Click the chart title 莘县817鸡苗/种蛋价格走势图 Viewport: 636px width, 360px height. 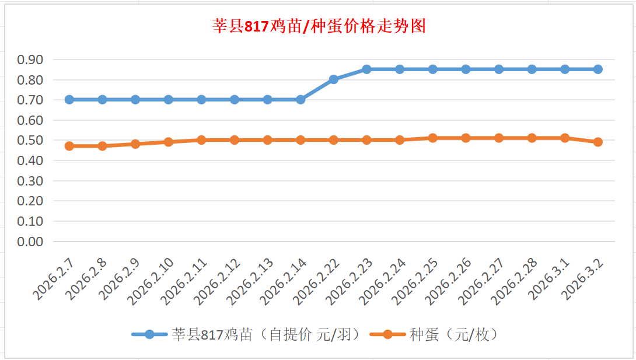coord(319,26)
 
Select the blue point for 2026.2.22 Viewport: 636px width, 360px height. coord(334,79)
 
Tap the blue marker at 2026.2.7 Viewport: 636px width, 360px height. coord(69,100)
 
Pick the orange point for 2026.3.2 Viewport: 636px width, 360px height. coord(598,142)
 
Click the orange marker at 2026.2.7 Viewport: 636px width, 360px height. coord(69,146)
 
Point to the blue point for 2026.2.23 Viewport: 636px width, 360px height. coord(366,69)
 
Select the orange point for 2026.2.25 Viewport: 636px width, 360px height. coord(433,138)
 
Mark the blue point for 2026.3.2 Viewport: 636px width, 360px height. coord(598,69)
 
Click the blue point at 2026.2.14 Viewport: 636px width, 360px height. coord(300,100)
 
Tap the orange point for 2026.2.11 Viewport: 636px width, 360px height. coord(201,140)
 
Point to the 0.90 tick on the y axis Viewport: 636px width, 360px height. coord(30,60)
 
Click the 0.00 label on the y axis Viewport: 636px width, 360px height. coord(30,242)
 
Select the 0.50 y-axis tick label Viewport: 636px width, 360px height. coord(30,141)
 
